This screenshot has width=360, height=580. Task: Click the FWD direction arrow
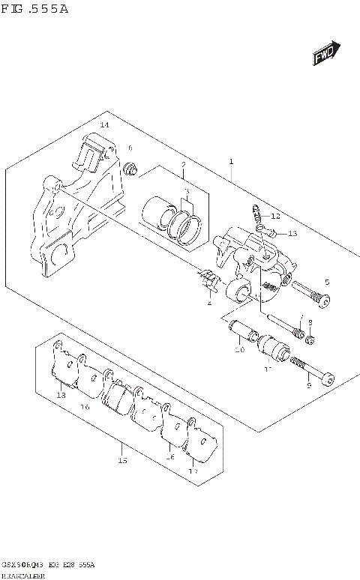pyautogui.click(x=324, y=55)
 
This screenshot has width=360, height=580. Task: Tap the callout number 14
pyautogui.click(x=104, y=124)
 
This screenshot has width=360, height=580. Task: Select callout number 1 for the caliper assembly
pyautogui.click(x=231, y=161)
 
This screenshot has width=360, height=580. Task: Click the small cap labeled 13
pyautogui.click(x=274, y=233)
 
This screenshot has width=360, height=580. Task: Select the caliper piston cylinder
pyautogui.click(x=158, y=211)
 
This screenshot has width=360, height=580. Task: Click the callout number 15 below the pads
pyautogui.click(x=122, y=461)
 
